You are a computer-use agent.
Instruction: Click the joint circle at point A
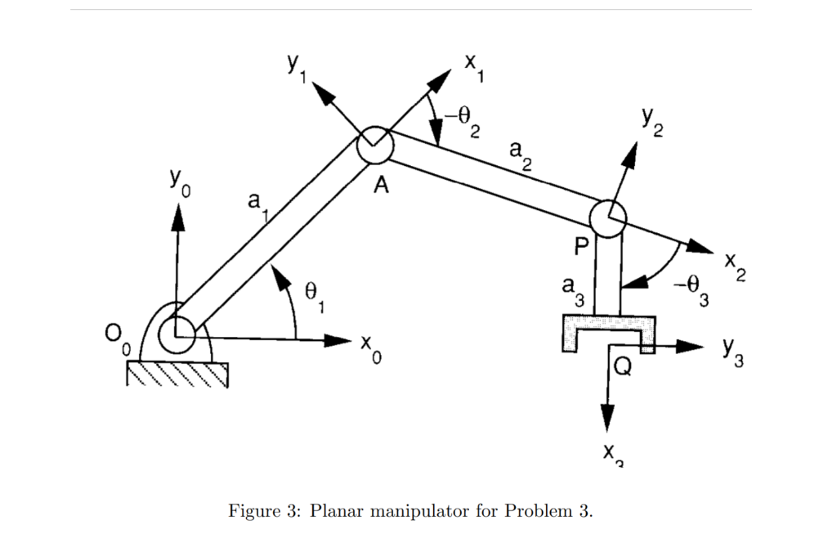[375, 146]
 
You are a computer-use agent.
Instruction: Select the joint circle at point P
[607, 216]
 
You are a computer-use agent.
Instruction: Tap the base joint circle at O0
[177, 332]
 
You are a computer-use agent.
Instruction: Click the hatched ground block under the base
[177, 374]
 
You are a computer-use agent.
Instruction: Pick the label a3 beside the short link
[573, 289]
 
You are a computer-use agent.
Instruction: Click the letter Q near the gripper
[623, 367]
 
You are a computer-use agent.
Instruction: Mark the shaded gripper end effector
[608, 331]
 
